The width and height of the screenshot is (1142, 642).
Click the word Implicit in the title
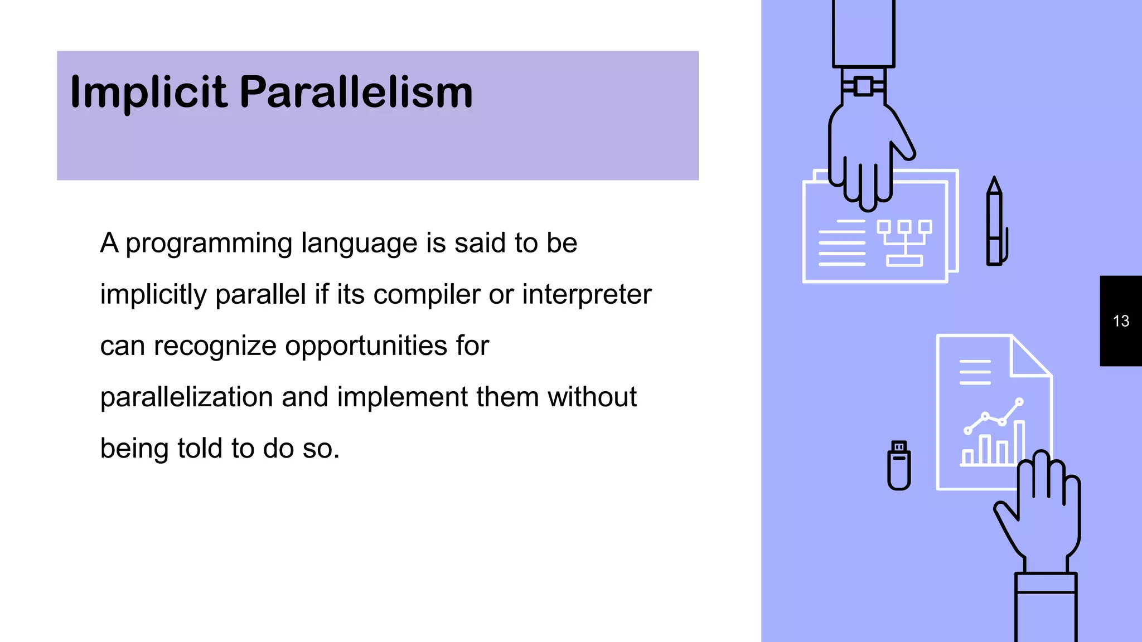[x=148, y=92]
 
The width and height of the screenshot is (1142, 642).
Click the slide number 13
[x=1121, y=321]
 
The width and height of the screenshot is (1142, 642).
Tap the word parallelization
[x=186, y=397]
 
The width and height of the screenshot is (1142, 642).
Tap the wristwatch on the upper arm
[x=863, y=86]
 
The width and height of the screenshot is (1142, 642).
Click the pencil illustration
[x=995, y=223]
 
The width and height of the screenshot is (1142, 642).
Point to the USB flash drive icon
[x=899, y=466]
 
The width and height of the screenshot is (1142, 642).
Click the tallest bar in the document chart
[x=1019, y=443]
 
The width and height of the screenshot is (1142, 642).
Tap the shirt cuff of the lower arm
[x=1046, y=583]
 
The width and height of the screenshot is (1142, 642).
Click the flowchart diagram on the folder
[x=904, y=242]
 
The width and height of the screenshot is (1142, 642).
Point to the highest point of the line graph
[x=1019, y=401]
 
